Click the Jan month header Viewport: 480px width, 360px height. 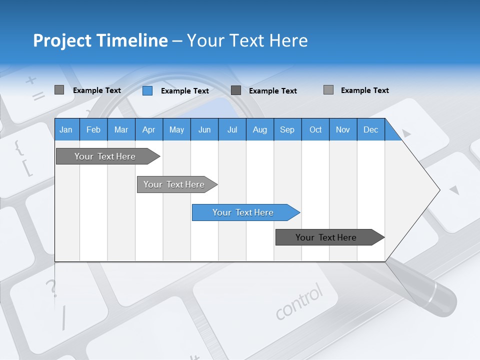tap(66, 129)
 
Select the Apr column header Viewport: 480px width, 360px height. tap(148, 129)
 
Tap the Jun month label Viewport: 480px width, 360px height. tap(204, 129)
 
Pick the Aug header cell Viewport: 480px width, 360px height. tap(259, 129)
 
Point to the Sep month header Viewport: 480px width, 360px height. tap(287, 129)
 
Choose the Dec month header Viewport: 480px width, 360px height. tap(370, 129)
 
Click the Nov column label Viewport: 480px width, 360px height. tap(342, 129)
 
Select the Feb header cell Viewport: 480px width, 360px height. tap(93, 129)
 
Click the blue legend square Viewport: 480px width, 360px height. tap(147, 90)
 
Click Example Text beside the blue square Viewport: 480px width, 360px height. tap(184, 91)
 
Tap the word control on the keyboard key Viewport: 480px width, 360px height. tap(299, 301)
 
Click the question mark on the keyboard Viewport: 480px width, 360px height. tap(50, 288)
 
